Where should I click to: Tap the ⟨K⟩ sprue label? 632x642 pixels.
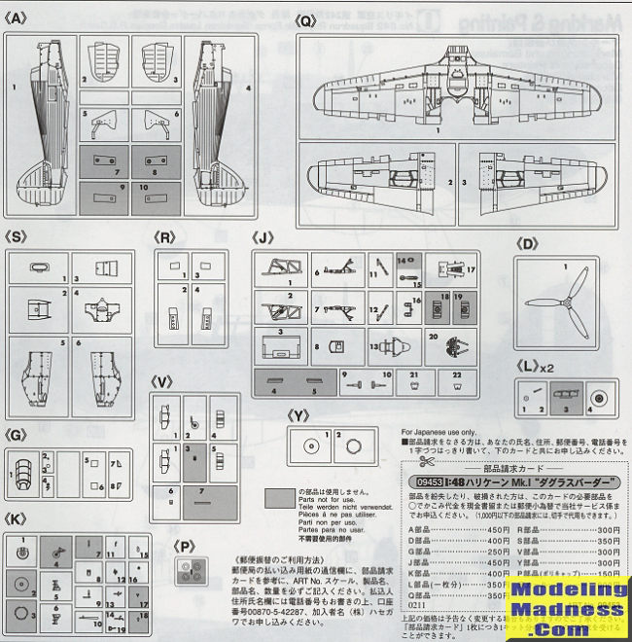point(16,521)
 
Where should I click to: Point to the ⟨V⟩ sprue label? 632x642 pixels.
point(161,382)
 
